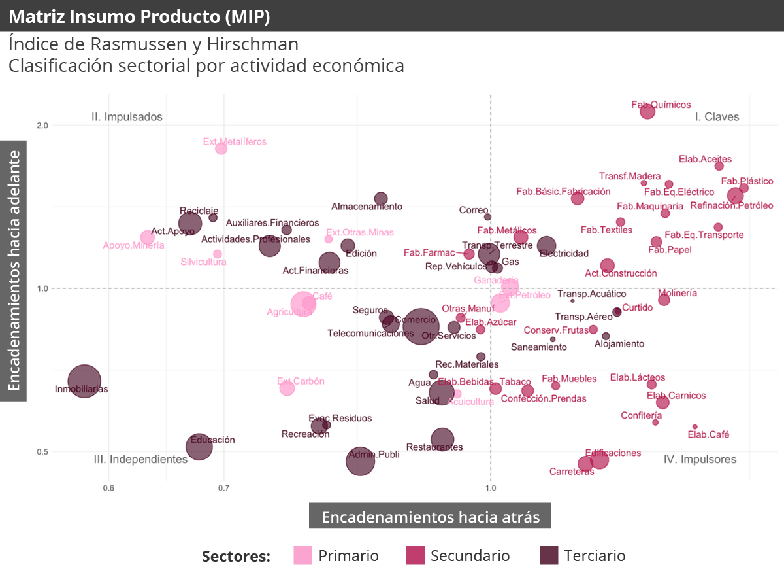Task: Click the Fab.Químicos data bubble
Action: click(647, 111)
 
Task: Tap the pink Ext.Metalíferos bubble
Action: click(221, 148)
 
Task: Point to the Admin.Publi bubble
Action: click(359, 461)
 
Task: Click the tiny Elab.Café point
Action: click(694, 426)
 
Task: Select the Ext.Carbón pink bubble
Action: click(287, 388)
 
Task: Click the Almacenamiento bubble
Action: click(381, 198)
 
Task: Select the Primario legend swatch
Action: click(303, 555)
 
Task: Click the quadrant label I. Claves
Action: click(717, 117)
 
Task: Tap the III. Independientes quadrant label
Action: click(140, 459)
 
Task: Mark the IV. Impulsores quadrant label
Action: click(700, 459)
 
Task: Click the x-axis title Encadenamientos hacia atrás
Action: click(430, 517)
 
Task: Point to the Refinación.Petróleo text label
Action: click(731, 205)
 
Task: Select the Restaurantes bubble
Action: click(442, 440)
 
